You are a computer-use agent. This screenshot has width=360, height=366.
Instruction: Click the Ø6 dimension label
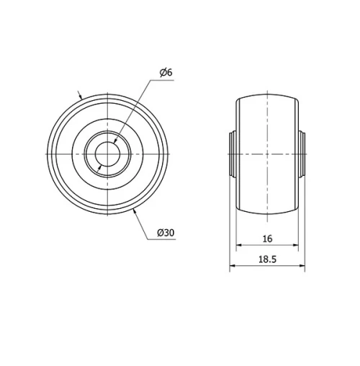(164, 72)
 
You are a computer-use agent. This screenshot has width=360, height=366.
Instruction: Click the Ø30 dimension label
(166, 232)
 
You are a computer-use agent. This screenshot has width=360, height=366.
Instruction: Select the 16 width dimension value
(267, 238)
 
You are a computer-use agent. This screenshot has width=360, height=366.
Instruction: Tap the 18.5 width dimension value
(267, 259)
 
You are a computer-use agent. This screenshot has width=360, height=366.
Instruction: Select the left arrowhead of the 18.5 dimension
(232, 268)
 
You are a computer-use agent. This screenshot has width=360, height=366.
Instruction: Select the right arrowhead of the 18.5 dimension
(302, 268)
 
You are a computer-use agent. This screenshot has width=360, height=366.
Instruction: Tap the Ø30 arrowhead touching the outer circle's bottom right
(136, 211)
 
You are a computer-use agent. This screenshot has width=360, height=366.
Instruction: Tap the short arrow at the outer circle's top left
(81, 96)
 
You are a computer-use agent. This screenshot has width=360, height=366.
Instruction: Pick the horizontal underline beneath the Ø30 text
(166, 239)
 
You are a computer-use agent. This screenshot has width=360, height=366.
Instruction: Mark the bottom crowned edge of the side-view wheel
(267, 215)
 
